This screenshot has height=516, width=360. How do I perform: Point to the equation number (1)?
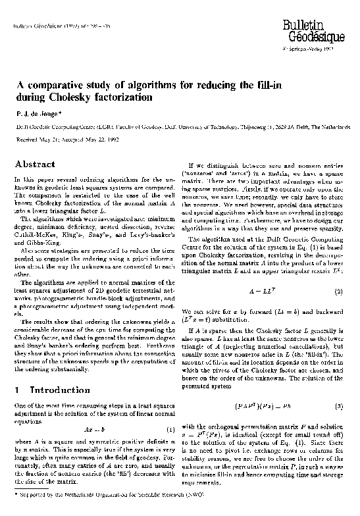click(x=169, y=430)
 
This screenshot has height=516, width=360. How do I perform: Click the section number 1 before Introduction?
click(x=17, y=390)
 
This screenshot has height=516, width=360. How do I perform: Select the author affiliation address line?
click(x=178, y=125)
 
